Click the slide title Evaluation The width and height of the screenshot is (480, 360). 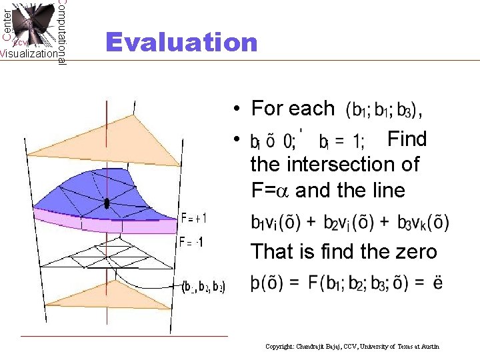pyautogui.click(x=181, y=42)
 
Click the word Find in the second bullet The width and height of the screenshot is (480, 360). pyautogui.click(x=407, y=139)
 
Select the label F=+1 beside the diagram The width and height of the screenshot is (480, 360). pyautogui.click(x=193, y=218)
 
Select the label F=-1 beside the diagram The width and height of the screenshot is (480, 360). pyautogui.click(x=191, y=241)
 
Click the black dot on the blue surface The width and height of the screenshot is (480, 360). pyautogui.click(x=106, y=203)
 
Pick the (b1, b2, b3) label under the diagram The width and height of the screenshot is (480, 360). pyautogui.click(x=203, y=288)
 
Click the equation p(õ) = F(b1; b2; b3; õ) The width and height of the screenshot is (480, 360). pyautogui.click(x=346, y=283)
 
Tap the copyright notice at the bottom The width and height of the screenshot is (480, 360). pyautogui.click(x=352, y=347)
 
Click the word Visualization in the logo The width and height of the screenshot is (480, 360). pyautogui.click(x=29, y=54)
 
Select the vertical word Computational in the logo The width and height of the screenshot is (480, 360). pyautogui.click(x=61, y=32)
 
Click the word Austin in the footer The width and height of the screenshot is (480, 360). pyautogui.click(x=430, y=347)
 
